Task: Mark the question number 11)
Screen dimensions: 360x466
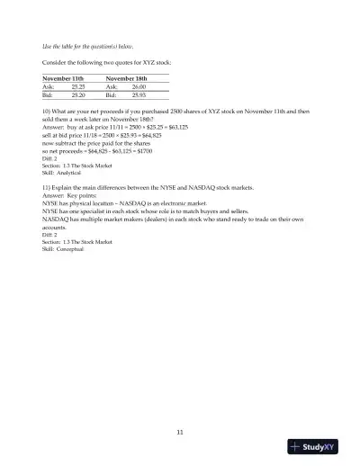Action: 47,187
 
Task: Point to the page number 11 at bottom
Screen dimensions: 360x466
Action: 180,433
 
